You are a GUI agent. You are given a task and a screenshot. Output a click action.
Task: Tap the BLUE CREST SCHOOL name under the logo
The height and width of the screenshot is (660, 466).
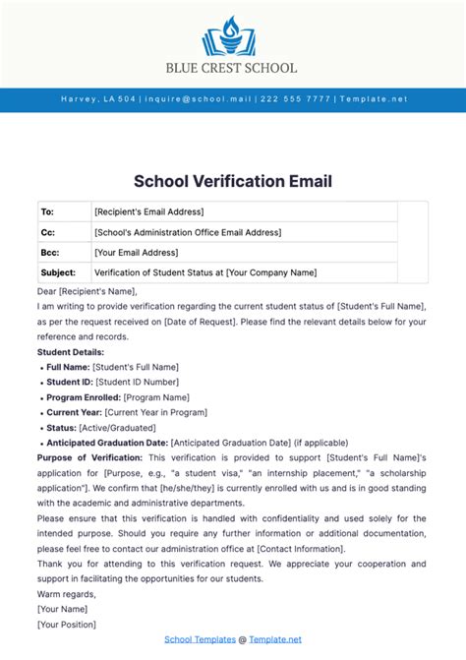point(233,68)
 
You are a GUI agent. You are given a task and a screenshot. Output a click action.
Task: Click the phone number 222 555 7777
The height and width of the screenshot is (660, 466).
point(294,99)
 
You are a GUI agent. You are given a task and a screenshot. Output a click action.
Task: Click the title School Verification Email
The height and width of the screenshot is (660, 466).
point(233,181)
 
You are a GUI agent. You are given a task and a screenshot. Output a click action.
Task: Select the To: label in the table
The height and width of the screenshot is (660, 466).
point(47,211)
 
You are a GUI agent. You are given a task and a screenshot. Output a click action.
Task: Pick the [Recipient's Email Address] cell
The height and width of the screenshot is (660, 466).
point(148,211)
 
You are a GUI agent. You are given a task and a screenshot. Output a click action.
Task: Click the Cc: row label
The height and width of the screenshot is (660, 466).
point(47,232)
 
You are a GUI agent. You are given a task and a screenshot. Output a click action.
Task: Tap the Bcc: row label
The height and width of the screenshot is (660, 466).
point(49,252)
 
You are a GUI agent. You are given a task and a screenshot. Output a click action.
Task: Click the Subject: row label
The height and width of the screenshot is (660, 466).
point(57,271)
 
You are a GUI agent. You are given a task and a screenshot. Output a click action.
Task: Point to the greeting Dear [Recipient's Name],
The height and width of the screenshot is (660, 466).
point(87,291)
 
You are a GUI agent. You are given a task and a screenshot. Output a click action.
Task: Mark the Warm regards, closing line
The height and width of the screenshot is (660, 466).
point(67,593)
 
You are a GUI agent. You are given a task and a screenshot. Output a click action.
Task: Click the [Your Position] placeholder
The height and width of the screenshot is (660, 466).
point(67,624)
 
